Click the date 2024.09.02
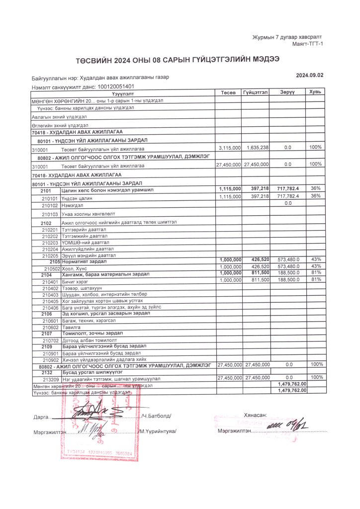(309, 75)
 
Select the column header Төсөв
(228, 92)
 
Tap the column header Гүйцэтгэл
(256, 92)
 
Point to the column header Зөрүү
(287, 92)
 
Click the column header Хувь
(315, 92)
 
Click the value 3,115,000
(230, 148)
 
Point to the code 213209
(52, 379)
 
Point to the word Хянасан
(256, 415)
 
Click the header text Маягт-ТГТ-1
(308, 44)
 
